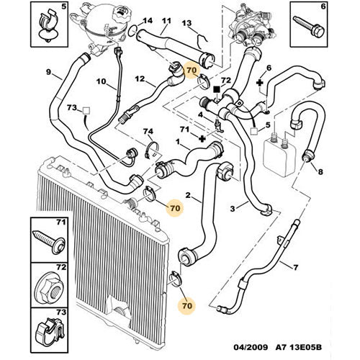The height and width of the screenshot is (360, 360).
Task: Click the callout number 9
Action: tap(48, 71)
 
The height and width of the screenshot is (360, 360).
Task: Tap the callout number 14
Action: tap(148, 21)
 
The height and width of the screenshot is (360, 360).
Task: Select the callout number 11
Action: tap(166, 21)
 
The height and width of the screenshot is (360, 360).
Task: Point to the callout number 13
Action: tap(186, 23)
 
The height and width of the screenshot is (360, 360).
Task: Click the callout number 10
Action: tap(101, 81)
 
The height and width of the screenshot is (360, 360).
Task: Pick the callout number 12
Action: tap(140, 78)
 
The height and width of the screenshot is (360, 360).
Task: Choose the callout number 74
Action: tap(148, 131)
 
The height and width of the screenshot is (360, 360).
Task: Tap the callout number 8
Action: tap(320, 171)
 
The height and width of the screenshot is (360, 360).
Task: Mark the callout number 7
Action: tap(295, 267)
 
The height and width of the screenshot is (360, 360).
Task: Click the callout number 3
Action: tap(233, 209)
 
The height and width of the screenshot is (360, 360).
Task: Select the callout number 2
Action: tap(188, 195)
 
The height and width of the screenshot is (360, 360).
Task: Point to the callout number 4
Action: tap(200, 114)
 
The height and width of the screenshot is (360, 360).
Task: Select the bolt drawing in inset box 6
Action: tap(309, 27)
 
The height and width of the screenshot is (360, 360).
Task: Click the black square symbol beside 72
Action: tap(217, 89)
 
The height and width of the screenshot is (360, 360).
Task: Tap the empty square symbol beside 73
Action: tap(86, 111)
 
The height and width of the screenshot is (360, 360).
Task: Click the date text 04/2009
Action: tap(251, 347)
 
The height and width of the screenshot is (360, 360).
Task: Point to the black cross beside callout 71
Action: tap(203, 139)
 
